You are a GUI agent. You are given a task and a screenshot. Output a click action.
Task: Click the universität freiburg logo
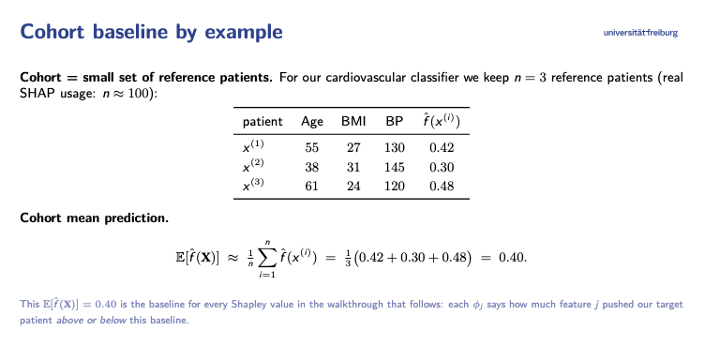coord(640,33)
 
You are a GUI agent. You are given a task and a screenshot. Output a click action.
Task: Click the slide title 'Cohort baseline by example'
coord(152,32)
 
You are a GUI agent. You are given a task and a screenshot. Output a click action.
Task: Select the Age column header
coord(312,122)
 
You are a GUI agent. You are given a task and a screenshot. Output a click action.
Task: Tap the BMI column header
coord(353,121)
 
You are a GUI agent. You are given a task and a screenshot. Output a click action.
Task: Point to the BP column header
coord(395,121)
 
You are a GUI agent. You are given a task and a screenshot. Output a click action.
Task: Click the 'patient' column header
coord(262,122)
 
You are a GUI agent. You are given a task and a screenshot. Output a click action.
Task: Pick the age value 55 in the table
coord(311,147)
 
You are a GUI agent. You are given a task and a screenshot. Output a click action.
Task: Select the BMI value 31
coord(353,167)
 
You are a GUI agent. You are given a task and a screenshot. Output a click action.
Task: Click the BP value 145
coord(395,167)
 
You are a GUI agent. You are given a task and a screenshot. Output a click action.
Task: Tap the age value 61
coord(311,186)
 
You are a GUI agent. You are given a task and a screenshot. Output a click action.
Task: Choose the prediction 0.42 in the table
coord(442,147)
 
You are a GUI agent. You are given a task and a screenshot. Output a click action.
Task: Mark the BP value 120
coord(395,186)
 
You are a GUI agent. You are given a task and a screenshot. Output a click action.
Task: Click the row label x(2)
coord(253,165)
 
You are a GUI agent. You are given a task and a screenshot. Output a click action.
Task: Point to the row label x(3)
coord(253,185)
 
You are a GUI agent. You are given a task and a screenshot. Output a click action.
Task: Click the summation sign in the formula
coord(266,258)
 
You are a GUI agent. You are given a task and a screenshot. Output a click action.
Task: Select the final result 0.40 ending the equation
coord(513,258)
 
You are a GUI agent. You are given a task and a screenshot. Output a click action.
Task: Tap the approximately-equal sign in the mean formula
coord(232,258)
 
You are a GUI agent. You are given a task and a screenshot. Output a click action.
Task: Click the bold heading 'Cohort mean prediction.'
coord(95,218)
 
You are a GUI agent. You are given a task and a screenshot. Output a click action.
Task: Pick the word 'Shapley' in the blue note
coord(247,305)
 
